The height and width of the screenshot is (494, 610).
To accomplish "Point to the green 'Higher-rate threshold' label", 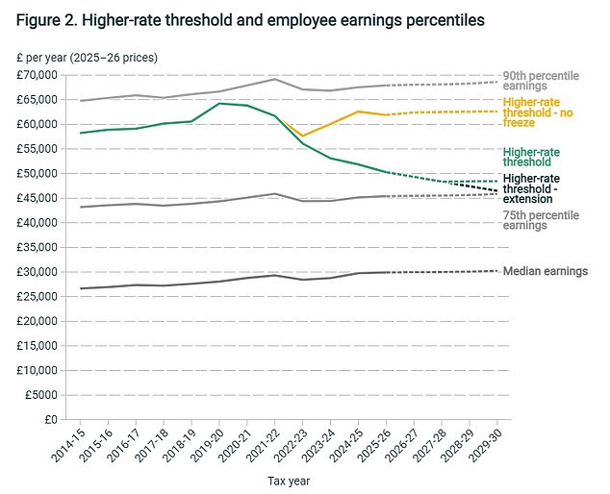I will tap(532, 158).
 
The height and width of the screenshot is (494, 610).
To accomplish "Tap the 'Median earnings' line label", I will tap(545, 271).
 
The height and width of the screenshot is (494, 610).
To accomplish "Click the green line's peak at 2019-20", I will tap(220, 103).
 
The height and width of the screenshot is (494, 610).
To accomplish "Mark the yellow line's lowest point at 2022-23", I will tap(303, 136).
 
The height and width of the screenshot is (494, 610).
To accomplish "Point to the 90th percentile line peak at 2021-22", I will tap(276, 79).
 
